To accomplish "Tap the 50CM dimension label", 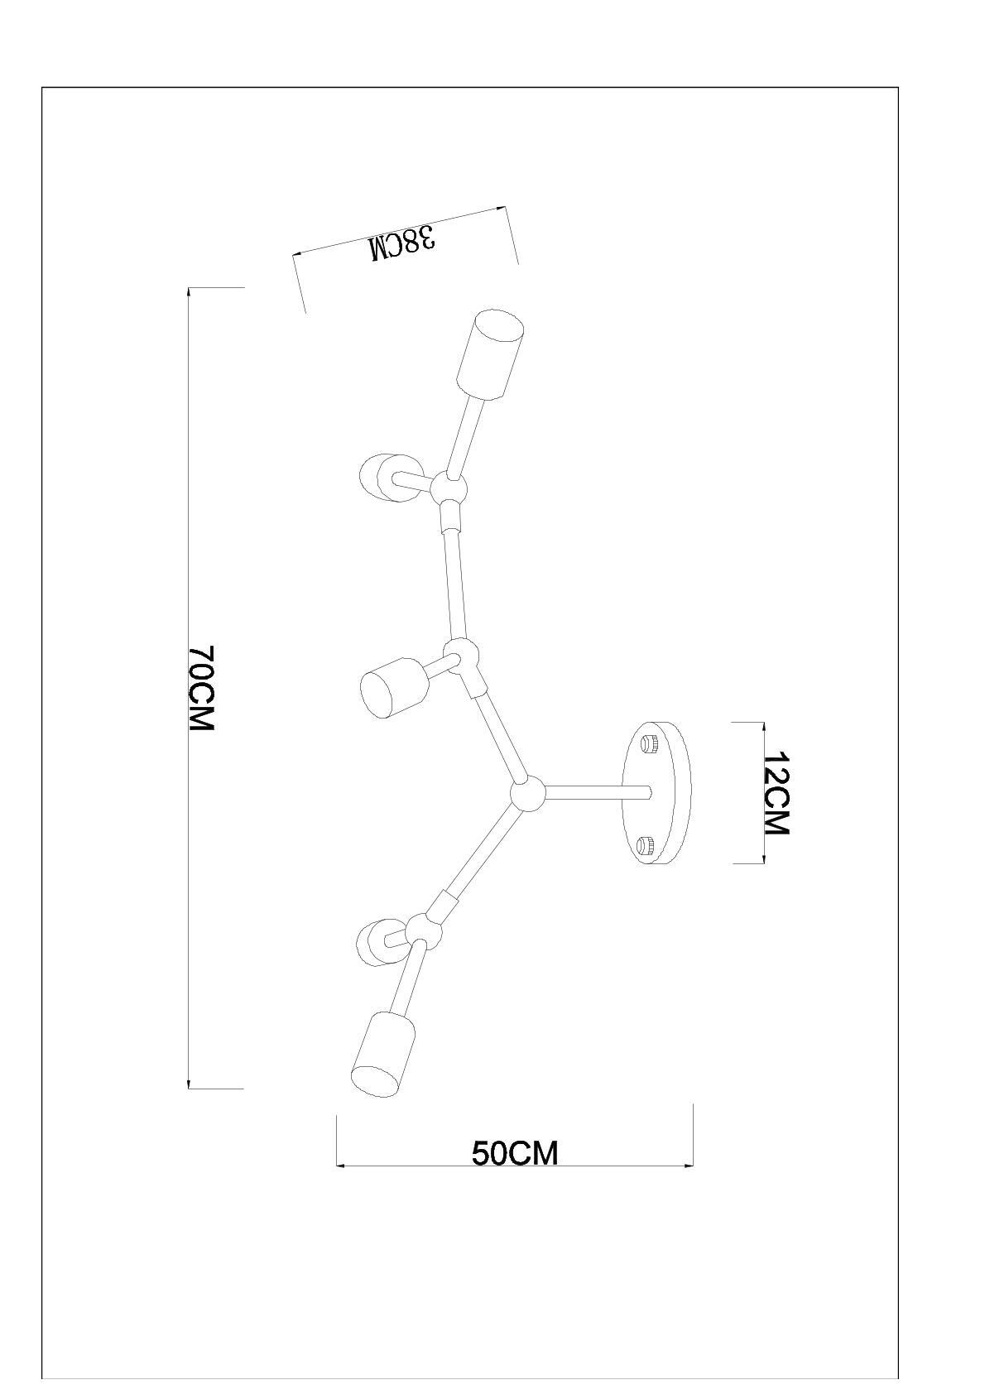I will (515, 1152).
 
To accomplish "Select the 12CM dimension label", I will (776, 793).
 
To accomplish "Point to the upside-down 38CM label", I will (403, 243).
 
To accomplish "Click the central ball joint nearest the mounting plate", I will (527, 795).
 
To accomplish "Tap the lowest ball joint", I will (423, 930).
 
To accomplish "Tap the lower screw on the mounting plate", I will (646, 845).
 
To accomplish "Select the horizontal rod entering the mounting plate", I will (596, 793).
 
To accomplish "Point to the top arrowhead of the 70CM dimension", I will (190, 291).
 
